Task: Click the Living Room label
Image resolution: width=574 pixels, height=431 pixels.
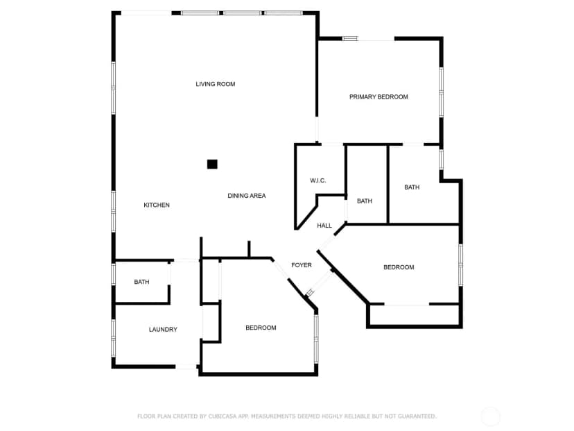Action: click(x=215, y=84)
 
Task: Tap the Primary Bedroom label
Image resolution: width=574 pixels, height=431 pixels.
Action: click(x=379, y=96)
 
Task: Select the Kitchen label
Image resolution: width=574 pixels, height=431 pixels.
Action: click(x=157, y=205)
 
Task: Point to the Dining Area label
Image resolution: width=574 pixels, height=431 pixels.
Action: click(x=247, y=196)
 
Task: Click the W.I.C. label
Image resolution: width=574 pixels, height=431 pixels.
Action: click(x=318, y=180)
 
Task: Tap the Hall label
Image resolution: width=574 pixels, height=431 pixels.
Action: click(x=324, y=226)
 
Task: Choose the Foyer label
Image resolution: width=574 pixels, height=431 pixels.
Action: click(x=302, y=265)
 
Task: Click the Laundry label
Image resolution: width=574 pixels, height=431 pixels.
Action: click(x=163, y=330)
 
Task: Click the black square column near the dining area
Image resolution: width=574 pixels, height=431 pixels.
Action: click(x=212, y=164)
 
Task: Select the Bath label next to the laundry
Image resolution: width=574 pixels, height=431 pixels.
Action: click(x=141, y=282)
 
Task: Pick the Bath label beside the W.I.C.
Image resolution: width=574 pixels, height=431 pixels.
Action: click(x=364, y=201)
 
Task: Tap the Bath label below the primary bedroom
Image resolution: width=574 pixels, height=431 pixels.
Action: click(x=412, y=187)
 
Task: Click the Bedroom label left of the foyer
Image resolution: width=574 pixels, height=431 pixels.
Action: click(x=261, y=328)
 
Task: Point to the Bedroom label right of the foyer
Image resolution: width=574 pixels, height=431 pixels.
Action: click(x=399, y=267)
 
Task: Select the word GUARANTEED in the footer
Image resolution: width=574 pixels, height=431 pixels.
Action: click(x=417, y=416)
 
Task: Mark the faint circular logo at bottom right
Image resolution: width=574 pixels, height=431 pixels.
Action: click(x=490, y=416)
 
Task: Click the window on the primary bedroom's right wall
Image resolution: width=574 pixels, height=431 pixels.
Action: click(x=441, y=92)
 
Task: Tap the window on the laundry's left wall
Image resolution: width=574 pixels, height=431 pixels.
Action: click(x=114, y=338)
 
